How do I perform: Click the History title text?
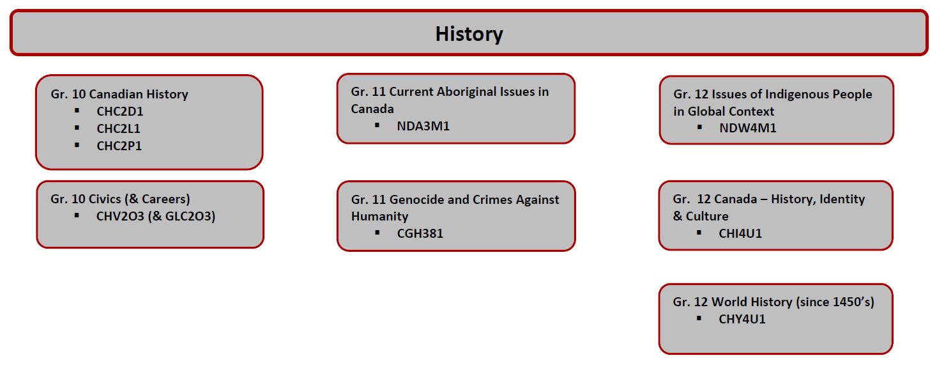click(469, 34)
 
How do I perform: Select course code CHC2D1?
click(119, 111)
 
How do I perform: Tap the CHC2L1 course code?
click(118, 128)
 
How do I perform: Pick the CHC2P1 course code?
click(119, 146)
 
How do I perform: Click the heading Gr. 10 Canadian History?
click(119, 94)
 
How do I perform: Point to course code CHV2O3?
click(120, 216)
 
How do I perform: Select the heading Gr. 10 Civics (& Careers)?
click(120, 199)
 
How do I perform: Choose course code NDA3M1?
click(423, 126)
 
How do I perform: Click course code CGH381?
click(420, 233)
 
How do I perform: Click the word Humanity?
click(379, 217)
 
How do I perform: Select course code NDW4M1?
click(747, 128)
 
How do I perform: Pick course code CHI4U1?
click(740, 233)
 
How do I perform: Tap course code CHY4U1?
click(742, 319)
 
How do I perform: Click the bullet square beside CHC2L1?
click(77, 128)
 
